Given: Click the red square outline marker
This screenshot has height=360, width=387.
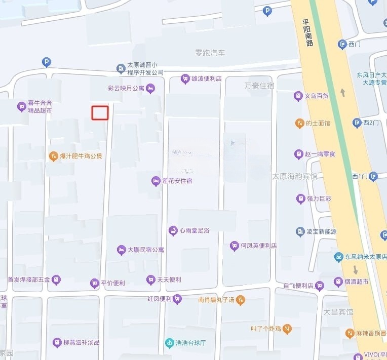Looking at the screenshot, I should (100, 112).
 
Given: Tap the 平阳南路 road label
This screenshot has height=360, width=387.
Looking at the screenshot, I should (307, 33).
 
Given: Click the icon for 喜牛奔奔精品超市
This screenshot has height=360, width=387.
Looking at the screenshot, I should (21, 106).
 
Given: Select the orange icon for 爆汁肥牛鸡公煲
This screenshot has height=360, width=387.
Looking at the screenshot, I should (53, 156).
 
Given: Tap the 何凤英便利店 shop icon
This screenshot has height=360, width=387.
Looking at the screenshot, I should (234, 246).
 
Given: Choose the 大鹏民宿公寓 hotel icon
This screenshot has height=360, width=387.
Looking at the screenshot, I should (121, 250).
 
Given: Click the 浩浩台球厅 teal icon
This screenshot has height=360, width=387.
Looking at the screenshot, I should (169, 343).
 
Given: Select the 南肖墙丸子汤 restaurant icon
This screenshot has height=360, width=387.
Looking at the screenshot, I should (241, 300).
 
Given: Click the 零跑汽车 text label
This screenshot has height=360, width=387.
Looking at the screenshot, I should (210, 53).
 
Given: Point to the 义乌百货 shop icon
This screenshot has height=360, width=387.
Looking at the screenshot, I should (298, 96).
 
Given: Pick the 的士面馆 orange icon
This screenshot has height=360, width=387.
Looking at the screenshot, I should (299, 123).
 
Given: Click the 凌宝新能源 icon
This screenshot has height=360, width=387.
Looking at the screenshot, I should (300, 232).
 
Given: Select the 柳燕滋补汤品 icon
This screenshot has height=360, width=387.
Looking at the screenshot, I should (57, 343).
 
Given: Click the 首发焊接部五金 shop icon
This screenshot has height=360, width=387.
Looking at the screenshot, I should (56, 279).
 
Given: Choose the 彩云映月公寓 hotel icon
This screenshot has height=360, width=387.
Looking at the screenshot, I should (150, 89).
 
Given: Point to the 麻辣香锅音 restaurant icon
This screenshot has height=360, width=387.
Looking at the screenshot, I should (350, 333).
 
